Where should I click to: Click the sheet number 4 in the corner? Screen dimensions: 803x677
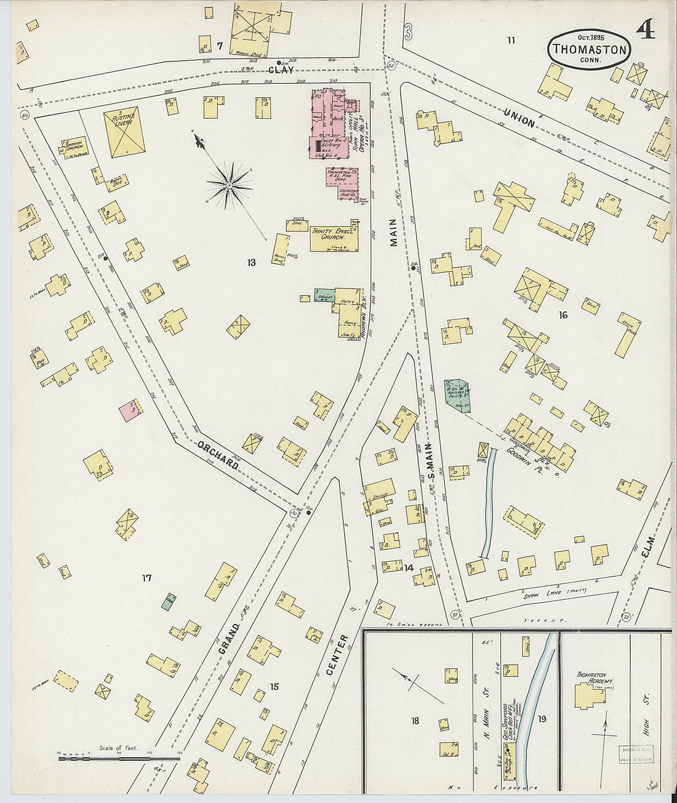[645, 29]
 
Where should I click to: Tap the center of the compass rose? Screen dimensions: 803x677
[229, 184]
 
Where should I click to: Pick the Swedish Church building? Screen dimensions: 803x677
[73, 148]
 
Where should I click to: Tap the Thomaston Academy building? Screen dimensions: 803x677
[589, 695]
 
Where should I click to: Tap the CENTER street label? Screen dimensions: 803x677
[336, 655]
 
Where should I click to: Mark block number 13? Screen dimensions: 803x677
[251, 263]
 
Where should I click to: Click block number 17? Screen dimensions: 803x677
[146, 578]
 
